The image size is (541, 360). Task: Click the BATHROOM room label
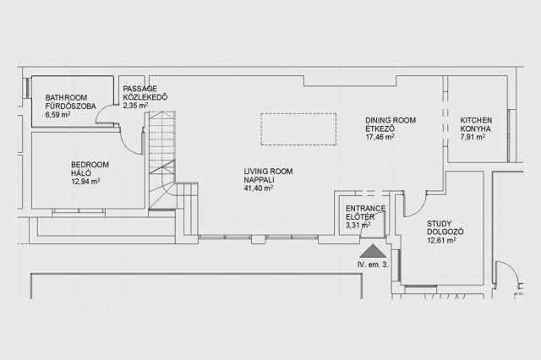[x=66, y=97]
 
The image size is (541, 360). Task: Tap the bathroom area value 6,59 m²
[x=57, y=114]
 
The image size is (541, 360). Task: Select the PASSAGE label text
[x=140, y=89]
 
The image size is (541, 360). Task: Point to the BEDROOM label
[x=90, y=165]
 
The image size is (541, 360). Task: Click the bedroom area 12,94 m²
[x=85, y=182]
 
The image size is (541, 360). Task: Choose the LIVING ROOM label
[x=268, y=172]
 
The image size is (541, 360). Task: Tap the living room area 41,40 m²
[x=259, y=188]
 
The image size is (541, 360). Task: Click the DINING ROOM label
[x=391, y=120]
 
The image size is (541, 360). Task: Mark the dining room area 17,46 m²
[x=380, y=137]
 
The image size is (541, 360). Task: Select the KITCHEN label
[x=476, y=120]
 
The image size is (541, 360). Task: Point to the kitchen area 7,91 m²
[x=473, y=137]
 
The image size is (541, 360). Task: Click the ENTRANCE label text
[x=365, y=208]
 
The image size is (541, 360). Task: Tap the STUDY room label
[x=439, y=223]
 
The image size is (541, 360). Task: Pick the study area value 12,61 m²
[x=441, y=240]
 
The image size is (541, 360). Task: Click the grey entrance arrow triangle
[x=373, y=251]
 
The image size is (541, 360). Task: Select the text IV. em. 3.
[x=373, y=265]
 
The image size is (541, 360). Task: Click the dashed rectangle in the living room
[x=298, y=129]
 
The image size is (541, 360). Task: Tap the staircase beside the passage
[x=162, y=160]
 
